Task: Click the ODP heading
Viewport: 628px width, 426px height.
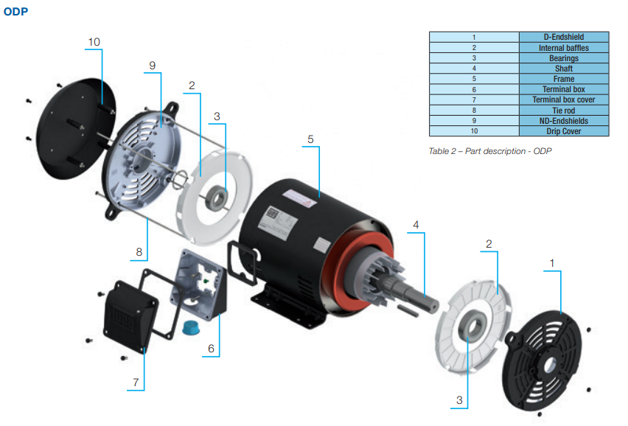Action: pos(16,12)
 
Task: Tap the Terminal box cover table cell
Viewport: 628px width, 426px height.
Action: pos(564,99)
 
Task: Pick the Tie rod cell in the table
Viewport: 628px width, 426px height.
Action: pos(564,110)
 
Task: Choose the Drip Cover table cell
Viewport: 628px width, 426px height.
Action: pos(564,131)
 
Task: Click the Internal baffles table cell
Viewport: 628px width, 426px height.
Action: pos(564,48)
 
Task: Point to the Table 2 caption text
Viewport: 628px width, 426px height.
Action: pos(490,151)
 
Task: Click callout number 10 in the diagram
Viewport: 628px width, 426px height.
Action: pos(94,42)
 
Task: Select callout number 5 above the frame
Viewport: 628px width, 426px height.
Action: pos(310,139)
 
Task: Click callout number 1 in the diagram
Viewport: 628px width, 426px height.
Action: pos(551,262)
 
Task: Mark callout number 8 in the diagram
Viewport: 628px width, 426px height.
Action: pos(139,252)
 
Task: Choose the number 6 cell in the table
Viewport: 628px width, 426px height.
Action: pos(474,89)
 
